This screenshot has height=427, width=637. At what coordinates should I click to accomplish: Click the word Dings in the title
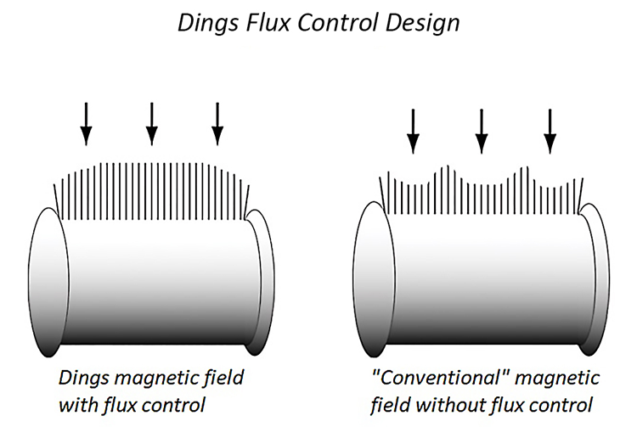(205, 23)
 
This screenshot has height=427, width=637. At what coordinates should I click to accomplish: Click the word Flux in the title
(262, 23)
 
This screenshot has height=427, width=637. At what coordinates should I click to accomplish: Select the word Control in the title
(327, 23)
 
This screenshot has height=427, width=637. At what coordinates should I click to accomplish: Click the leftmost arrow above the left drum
(85, 122)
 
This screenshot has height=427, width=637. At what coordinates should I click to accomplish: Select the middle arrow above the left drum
(151, 122)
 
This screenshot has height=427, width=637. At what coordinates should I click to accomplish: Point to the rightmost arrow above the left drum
(217, 122)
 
